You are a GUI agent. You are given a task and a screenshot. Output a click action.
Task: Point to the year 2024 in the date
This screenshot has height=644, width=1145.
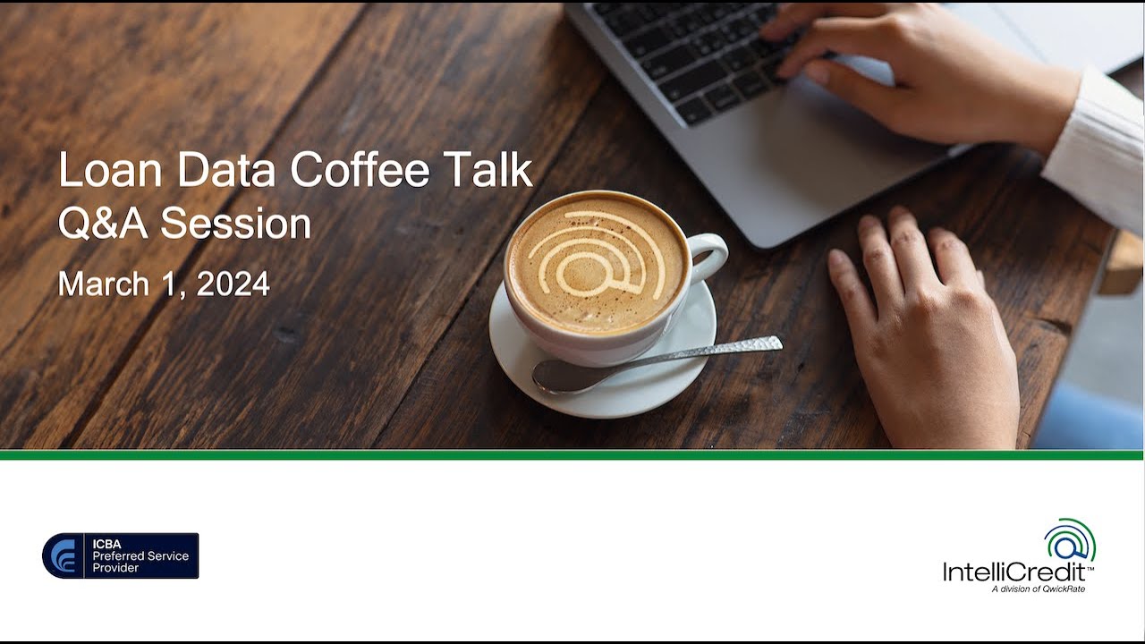233,284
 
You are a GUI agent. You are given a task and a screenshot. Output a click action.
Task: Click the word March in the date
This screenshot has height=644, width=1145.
104,284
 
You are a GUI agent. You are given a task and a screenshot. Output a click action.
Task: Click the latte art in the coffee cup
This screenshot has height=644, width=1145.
596,258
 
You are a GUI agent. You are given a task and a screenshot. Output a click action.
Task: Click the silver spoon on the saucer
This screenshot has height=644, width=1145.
653,362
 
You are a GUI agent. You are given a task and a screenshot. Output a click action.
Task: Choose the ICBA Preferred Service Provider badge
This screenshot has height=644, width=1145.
121,555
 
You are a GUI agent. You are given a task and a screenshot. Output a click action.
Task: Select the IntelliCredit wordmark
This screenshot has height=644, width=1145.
1017,572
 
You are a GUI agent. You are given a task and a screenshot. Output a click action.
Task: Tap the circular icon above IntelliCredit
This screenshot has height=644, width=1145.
1069,540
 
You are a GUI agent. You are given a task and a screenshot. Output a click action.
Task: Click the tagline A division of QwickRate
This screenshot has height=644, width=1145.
1038,589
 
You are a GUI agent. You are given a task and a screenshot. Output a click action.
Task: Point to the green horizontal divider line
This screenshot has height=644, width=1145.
572,454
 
